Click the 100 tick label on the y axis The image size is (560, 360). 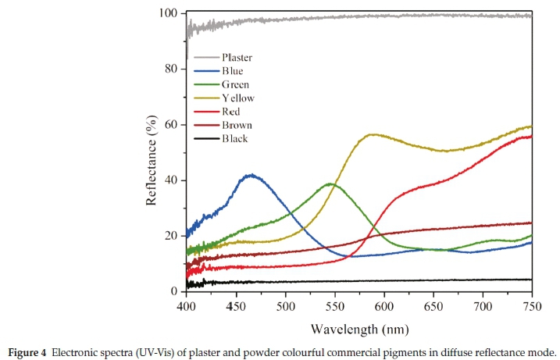pyautogui.click(x=169, y=14)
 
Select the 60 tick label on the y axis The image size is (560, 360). pyautogui.click(x=172, y=125)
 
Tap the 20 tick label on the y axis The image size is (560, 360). pyautogui.click(x=172, y=236)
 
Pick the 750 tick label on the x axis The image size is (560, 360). pyautogui.click(x=532, y=305)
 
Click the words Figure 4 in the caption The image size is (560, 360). pyautogui.click(x=29, y=351)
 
